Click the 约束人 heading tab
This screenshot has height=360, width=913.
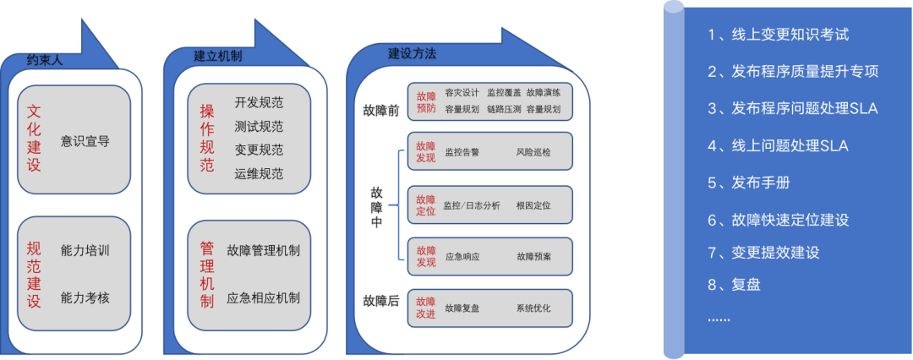pos(44,61)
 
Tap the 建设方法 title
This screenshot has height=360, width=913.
pos(412,53)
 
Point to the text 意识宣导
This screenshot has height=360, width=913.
pos(85,141)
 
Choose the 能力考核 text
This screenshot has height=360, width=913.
pos(85,297)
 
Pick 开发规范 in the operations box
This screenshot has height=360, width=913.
pos(259,103)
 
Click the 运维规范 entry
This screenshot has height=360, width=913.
pos(259,174)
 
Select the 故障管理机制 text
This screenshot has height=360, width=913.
pos(264,250)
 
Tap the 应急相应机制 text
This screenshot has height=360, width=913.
pos(264,297)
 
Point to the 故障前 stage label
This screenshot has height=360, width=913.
pos(380,111)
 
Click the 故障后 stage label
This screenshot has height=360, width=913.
pos(380,301)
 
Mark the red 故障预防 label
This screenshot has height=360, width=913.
pos(426,101)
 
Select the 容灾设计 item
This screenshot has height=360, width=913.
pos(462,93)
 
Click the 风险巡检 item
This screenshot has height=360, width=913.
pos(533,152)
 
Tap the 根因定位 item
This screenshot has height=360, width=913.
pos(533,205)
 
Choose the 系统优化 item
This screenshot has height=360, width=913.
pos(533,308)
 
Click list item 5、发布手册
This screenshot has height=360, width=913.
pos(749,183)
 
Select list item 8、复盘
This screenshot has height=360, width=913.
pos(735,284)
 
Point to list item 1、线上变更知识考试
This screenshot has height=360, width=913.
pos(778,35)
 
